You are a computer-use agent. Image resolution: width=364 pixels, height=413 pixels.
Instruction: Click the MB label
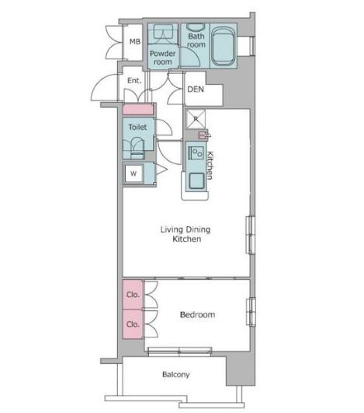(x=135, y=42)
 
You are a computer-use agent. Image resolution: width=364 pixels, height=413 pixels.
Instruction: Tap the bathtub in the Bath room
(x=224, y=47)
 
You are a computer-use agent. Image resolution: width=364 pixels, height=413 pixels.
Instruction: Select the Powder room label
(x=163, y=58)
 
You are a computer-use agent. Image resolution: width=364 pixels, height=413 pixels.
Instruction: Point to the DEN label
(x=196, y=89)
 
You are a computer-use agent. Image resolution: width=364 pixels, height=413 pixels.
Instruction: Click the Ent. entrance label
(x=134, y=80)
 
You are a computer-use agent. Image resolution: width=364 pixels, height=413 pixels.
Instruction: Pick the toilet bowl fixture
(x=137, y=148)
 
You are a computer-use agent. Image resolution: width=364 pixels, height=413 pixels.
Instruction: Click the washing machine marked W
(x=133, y=173)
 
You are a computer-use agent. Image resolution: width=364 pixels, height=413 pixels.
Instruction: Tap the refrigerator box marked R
(x=196, y=119)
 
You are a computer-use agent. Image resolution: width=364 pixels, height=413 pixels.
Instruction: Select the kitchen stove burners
(x=196, y=152)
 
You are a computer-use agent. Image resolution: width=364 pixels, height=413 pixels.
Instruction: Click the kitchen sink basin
(x=196, y=181)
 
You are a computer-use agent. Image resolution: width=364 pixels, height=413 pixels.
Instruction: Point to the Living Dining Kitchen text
(x=185, y=234)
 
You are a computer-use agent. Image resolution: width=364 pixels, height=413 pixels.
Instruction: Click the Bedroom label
(x=197, y=314)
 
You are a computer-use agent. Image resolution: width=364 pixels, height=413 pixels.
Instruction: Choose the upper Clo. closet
(x=133, y=294)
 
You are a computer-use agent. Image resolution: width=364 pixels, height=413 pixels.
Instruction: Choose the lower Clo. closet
(x=133, y=324)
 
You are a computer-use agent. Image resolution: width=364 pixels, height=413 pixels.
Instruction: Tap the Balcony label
(x=176, y=374)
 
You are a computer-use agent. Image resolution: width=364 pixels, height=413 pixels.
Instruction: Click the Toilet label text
(x=137, y=128)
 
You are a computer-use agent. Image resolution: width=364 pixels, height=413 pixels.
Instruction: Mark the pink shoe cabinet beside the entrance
(x=137, y=110)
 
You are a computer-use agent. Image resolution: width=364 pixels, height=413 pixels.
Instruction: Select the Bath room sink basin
(x=196, y=27)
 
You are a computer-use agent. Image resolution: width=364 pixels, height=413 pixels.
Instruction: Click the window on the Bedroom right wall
(x=251, y=312)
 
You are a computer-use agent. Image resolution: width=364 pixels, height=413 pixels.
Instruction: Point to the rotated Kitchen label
(x=210, y=166)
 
